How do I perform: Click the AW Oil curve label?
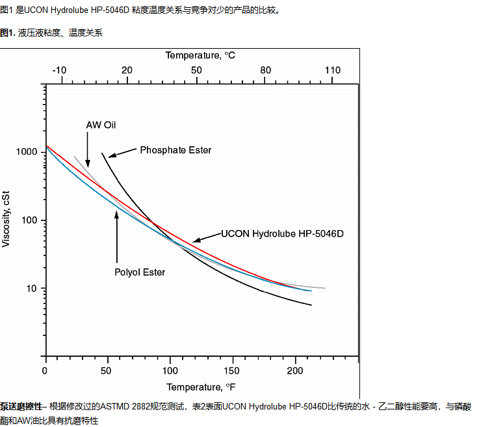(x=101, y=125)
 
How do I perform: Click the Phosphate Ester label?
(x=175, y=150)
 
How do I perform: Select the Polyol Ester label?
(x=140, y=272)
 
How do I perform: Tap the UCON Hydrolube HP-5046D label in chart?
(x=282, y=233)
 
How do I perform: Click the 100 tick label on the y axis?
(x=31, y=220)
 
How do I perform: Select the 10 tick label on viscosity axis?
(x=33, y=289)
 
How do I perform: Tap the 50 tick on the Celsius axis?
(x=196, y=70)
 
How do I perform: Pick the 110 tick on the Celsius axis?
(x=332, y=70)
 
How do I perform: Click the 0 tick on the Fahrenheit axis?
(x=45, y=370)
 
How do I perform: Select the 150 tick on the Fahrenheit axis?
(x=233, y=370)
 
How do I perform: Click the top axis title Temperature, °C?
(x=200, y=56)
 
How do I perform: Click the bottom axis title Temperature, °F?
(x=200, y=388)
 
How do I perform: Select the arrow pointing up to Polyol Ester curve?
(x=117, y=237)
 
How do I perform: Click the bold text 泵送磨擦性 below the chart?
(x=21, y=406)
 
